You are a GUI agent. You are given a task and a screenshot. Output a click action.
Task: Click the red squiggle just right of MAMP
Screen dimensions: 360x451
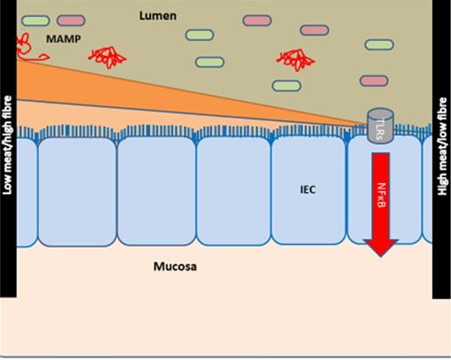tap(107, 56)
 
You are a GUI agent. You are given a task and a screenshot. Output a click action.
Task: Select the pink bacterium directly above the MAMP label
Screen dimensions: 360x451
tap(71, 20)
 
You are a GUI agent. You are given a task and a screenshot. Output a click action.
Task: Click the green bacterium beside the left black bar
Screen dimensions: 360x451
tap(36, 19)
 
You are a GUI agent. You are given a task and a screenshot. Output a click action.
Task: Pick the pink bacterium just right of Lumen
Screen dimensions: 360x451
tap(256, 19)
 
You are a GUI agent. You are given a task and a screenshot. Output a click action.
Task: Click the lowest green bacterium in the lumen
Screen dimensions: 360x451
tap(285, 85)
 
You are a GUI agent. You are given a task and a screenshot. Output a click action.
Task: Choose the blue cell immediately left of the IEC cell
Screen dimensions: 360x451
tap(233, 192)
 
